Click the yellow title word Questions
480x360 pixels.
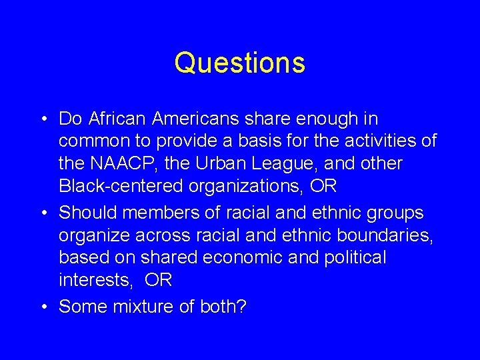(x=240, y=63)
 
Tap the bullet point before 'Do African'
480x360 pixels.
(x=42, y=120)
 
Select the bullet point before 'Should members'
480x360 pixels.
(x=42, y=213)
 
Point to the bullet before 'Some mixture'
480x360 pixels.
(x=42, y=307)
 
